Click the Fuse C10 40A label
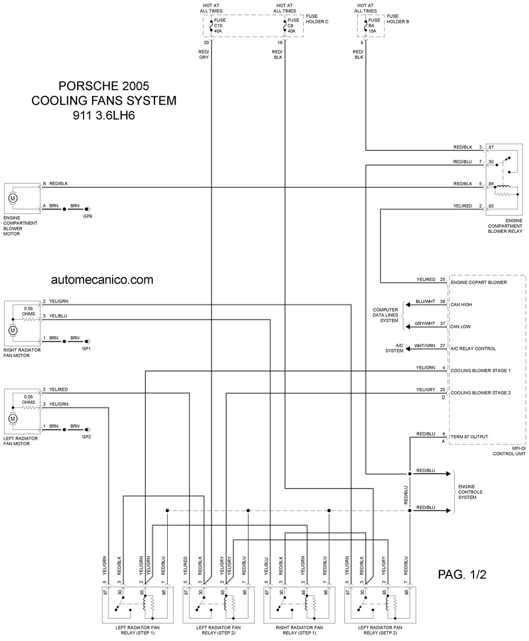pos(220,25)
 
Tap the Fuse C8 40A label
pos(293,25)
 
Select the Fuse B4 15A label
pos(374,25)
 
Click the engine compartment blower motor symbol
pos(13,198)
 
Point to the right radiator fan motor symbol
pos(13,330)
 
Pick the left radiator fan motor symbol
pos(13,419)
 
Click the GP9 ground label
pos(87,216)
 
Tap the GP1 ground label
pos(86,348)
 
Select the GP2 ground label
pos(86,437)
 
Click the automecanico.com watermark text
pos(102,279)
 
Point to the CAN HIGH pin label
pos(461,304)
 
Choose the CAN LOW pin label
pos(460,327)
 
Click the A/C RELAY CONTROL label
pos(473,349)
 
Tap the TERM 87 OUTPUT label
pos(469,437)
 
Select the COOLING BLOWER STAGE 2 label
pos(480,393)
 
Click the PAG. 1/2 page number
pos(462,574)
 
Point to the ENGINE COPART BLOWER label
pos(479,283)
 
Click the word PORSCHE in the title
pos(88,86)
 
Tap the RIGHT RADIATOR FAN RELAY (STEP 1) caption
pos(299,630)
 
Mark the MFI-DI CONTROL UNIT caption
pos(509,451)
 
